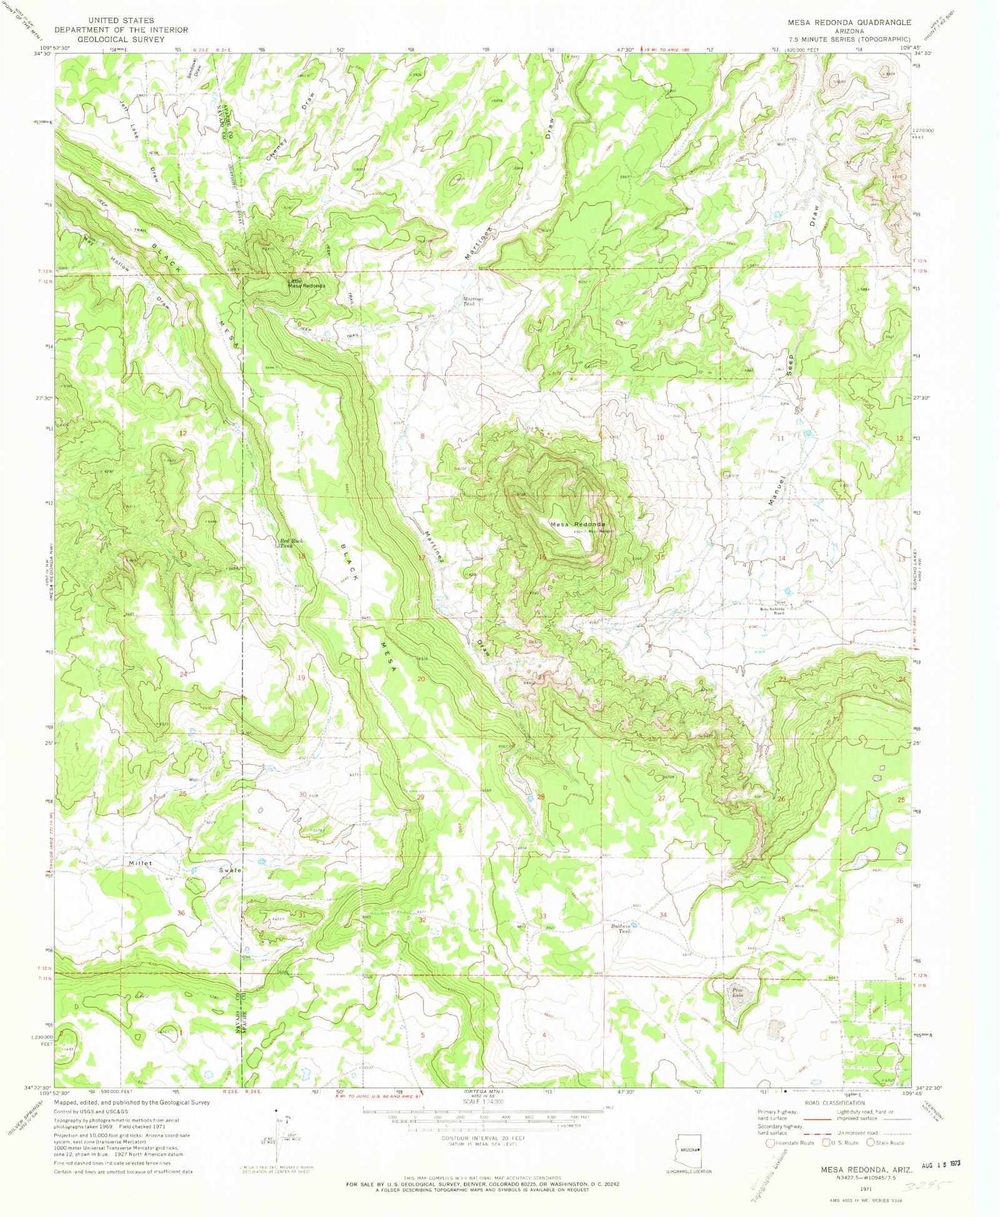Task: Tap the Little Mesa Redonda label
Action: click(x=306, y=283)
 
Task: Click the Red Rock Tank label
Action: click(x=291, y=543)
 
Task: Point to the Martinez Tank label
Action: click(x=470, y=300)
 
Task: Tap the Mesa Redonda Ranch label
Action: click(x=772, y=610)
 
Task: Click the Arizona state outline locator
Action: click(x=689, y=1149)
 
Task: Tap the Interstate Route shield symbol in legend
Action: click(x=770, y=1143)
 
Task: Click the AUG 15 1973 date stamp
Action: click(x=941, y=1166)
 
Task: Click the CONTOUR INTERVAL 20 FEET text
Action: click(x=483, y=1138)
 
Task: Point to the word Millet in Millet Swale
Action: click(x=141, y=863)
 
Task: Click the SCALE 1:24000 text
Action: click(x=483, y=1102)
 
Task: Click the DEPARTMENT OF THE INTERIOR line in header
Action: click(x=121, y=30)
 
